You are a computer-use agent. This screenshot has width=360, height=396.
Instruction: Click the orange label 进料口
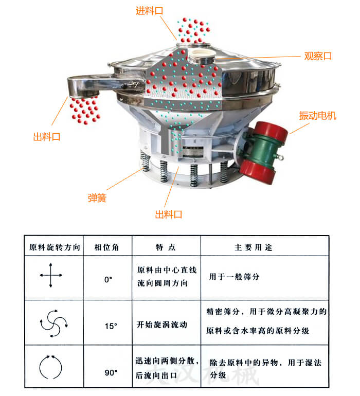coord(149,11)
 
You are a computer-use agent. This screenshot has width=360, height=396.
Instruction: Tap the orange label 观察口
coord(318,56)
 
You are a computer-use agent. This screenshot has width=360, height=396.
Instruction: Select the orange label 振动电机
coord(317,116)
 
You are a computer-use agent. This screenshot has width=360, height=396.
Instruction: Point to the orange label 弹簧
coord(97,198)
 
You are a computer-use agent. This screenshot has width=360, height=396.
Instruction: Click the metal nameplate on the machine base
coord(192,152)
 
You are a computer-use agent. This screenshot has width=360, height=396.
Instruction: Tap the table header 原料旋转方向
coord(55,247)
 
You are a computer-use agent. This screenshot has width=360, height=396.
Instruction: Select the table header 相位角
coord(106,247)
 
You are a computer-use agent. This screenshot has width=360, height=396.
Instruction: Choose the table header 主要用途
coord(254,247)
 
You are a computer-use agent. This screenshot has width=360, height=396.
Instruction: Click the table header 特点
coord(166,247)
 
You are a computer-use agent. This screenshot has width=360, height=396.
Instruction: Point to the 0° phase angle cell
coord(108,280)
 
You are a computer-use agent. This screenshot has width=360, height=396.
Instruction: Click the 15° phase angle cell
coord(111,326)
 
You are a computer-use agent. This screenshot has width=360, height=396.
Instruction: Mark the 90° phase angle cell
coord(111,372)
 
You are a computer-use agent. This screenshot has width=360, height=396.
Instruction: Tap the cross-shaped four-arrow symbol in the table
coord(51,275)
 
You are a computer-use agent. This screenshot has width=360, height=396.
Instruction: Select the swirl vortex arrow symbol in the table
coord(53,323)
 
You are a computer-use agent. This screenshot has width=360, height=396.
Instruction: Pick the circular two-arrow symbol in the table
coord(50,367)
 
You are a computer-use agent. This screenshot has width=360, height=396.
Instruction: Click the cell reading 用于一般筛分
coord(234,277)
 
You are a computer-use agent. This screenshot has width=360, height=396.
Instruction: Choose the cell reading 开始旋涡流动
coord(162,325)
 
